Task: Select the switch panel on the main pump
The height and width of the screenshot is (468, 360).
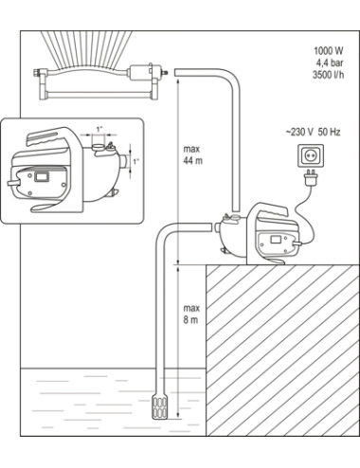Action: (x=275, y=241)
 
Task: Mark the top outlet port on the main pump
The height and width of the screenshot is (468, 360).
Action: (x=230, y=217)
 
